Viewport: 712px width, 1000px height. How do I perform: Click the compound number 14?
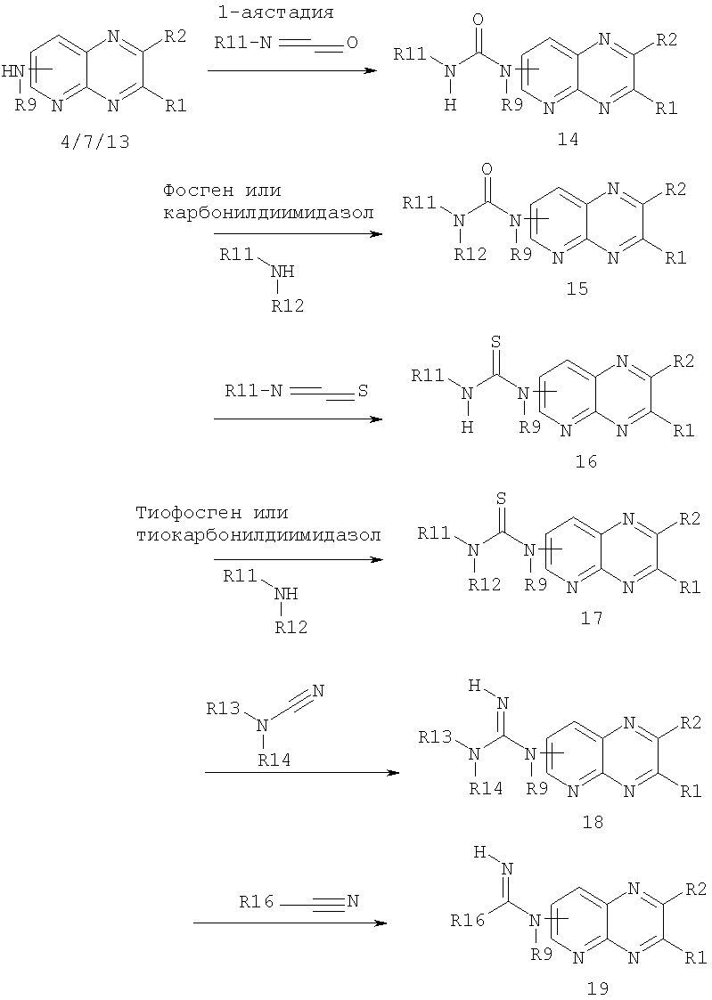568,139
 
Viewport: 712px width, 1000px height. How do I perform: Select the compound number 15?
577,289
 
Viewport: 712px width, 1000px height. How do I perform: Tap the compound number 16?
585,460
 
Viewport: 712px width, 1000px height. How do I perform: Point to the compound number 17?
592,617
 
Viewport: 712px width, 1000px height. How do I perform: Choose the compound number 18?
593,822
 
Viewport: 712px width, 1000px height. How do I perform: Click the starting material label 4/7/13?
95,141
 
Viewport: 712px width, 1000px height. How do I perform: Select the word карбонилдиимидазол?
268,212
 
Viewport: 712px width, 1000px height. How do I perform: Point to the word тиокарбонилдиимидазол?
258,534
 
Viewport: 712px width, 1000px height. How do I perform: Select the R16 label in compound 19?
467,920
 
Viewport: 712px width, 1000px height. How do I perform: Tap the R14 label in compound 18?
486,788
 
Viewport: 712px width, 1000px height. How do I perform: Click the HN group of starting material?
14,71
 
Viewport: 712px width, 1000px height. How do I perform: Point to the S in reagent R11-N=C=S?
363,390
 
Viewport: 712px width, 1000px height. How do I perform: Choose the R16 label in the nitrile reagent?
257,902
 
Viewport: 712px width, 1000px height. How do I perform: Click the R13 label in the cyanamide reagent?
224,709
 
